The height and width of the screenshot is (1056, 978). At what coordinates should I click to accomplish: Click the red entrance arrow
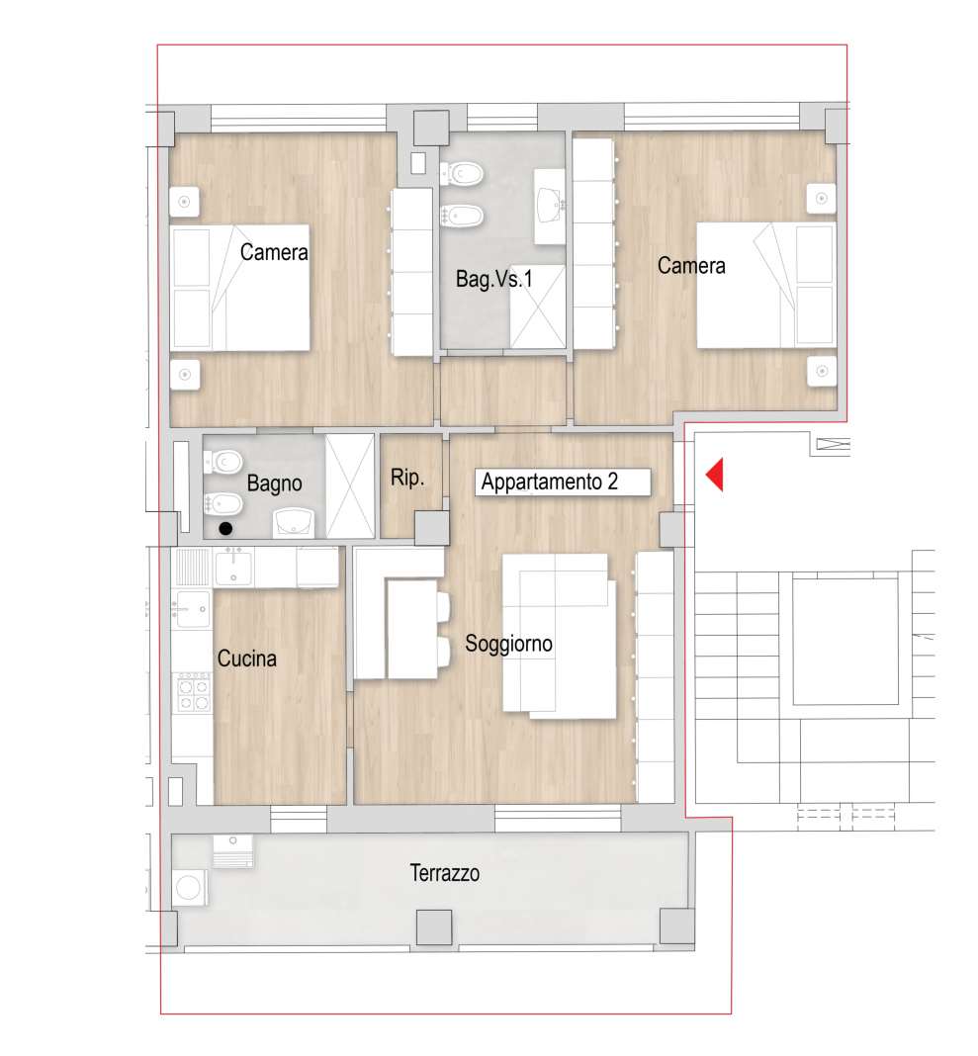pos(715,475)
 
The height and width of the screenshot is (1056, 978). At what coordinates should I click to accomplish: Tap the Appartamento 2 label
pos(549,483)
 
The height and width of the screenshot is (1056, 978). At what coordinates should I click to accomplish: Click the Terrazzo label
pos(445,873)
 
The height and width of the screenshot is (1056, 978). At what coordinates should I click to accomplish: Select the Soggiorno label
pos(508,644)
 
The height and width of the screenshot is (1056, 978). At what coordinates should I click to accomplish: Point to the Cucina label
pos(246,659)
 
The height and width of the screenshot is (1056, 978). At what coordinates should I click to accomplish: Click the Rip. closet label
pos(407,479)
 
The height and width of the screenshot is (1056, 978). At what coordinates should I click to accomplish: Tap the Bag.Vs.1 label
pos(493,279)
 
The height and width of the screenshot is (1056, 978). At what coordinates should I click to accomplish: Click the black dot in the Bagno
pos(225,529)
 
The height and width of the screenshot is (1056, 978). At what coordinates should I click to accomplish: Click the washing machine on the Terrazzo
pos(189,888)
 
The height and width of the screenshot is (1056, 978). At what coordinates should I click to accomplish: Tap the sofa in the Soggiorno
pos(559,636)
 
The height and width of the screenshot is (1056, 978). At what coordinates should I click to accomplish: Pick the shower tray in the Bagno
pos(350,485)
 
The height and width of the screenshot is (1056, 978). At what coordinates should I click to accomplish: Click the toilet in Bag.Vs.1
pos(462,174)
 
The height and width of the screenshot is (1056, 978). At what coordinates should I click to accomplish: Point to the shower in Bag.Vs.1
pos(538,308)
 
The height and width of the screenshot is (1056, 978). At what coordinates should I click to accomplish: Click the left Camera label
pos(274,252)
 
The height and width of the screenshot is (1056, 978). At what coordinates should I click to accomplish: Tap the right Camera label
pos(692,266)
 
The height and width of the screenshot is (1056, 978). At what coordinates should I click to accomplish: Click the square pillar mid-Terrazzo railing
pos(434,927)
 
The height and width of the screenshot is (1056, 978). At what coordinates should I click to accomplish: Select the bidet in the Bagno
pos(223,503)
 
